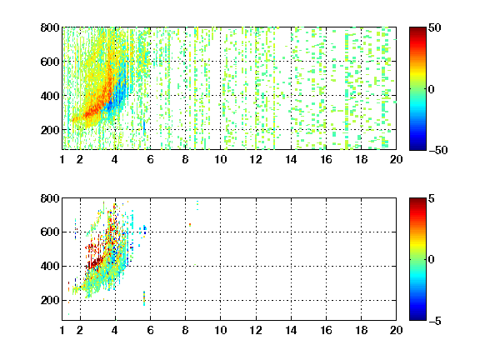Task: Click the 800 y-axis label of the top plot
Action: [50, 27]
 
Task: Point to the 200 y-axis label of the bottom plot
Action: [50, 300]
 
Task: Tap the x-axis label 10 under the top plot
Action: [220, 159]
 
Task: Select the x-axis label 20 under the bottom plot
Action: [396, 330]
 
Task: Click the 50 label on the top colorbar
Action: [434, 27]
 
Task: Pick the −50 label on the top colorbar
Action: [438, 150]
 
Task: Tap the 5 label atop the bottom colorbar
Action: [432, 198]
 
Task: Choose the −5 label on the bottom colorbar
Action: [435, 321]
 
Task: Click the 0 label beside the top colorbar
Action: [432, 89]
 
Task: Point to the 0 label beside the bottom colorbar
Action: [432, 259]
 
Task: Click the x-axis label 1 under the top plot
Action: [62, 159]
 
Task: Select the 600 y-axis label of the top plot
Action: [50, 62]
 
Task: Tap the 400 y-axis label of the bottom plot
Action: [50, 266]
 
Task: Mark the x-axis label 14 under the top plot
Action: [291, 159]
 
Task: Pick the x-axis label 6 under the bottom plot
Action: [150, 330]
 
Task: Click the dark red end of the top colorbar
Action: [417, 30]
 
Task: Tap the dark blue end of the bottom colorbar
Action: [417, 317]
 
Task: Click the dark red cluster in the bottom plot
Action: [96, 262]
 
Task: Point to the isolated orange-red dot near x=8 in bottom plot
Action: [190, 225]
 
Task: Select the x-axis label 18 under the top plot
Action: [361, 159]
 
